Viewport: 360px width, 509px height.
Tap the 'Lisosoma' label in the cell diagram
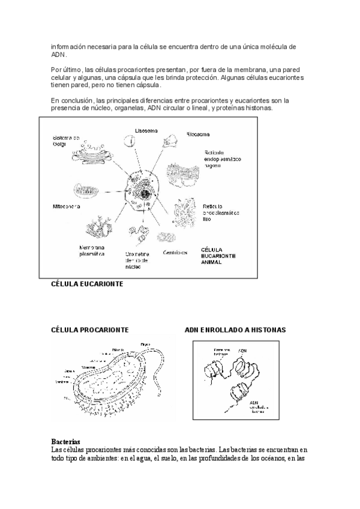point(146,131)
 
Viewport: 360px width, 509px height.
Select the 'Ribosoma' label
point(197,134)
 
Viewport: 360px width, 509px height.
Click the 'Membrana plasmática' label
point(92,250)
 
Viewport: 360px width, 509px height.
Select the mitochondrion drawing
point(89,189)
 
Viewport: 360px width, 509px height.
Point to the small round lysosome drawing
point(130,142)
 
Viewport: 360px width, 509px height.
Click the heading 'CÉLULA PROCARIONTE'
point(89,330)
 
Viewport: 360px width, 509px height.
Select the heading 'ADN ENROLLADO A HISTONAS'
point(235,330)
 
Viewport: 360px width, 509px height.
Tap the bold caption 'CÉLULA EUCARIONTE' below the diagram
point(88,284)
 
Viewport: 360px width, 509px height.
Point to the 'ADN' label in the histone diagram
point(242,349)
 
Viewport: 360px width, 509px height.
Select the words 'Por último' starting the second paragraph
point(65,70)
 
